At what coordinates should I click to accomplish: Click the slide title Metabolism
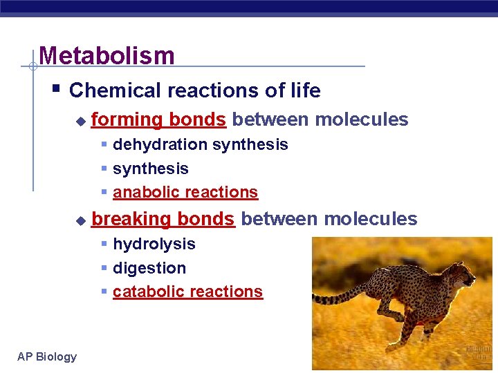107,55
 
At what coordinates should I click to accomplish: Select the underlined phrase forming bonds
158,119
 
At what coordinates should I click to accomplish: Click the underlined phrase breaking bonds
163,219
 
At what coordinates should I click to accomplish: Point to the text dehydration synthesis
200,144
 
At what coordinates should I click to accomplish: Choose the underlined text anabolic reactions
185,193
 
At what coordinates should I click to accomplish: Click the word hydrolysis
154,244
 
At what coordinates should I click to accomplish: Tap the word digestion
149,268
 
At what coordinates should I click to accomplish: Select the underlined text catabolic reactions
187,292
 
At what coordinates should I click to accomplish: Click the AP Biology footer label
47,356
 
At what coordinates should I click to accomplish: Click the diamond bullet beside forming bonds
81,121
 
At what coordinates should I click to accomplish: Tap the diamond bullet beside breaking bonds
81,220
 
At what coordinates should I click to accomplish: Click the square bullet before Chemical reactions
57,90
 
